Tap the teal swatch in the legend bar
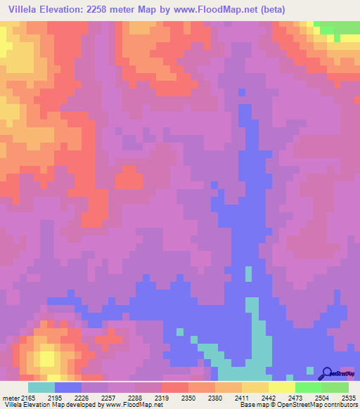point(41,387)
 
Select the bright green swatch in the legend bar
point(308,387)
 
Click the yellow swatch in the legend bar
point(281,387)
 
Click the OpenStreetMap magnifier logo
point(326,373)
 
